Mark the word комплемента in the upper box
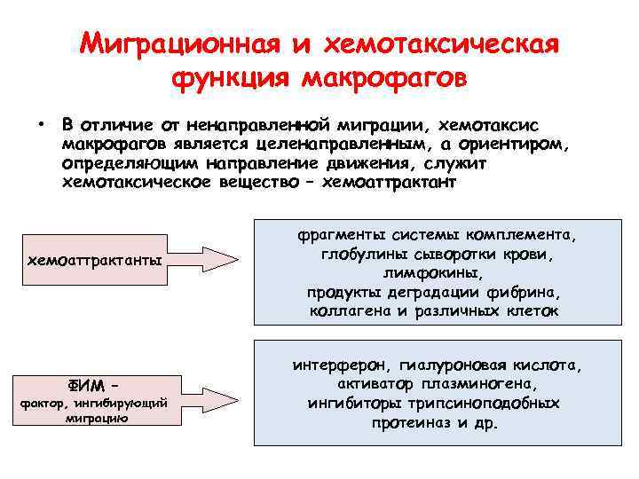coord(524,236)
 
